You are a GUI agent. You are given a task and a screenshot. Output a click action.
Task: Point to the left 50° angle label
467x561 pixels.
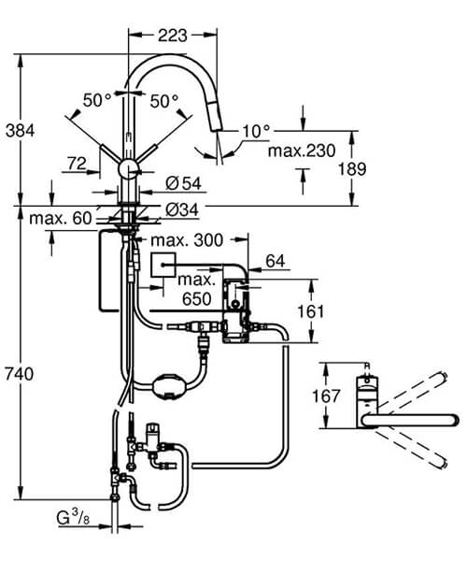(x=98, y=99)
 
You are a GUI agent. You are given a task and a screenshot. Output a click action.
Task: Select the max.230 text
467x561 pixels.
(x=300, y=150)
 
